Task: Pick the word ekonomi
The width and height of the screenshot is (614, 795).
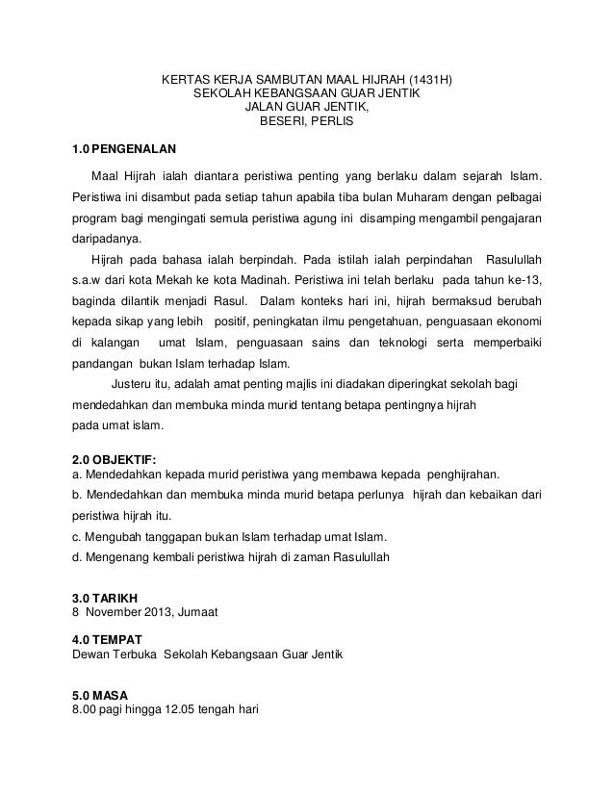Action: pyautogui.click(x=517, y=321)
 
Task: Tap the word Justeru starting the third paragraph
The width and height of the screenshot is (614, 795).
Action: pyautogui.click(x=118, y=385)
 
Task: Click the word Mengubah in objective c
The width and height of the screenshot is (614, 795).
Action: pyautogui.click(x=115, y=536)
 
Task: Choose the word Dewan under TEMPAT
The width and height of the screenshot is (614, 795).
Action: pyautogui.click(x=93, y=654)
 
